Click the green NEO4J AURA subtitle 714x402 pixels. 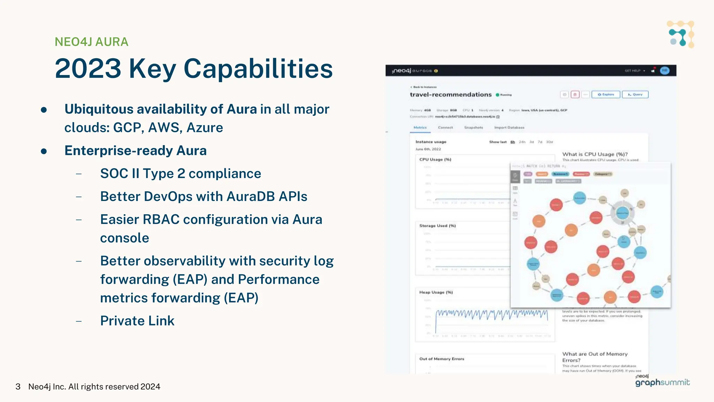pyautogui.click(x=91, y=42)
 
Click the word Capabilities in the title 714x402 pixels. pyautogui.click(x=258, y=69)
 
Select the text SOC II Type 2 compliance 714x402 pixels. pyautogui.click(x=180, y=174)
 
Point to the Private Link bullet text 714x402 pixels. pyautogui.click(x=137, y=321)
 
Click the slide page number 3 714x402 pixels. pyautogui.click(x=18, y=387)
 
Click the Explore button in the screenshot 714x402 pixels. pyautogui.click(x=606, y=95)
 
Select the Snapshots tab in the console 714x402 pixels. pyautogui.click(x=473, y=128)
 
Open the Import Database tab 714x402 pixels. pyautogui.click(x=509, y=128)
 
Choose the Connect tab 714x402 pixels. pyautogui.click(x=445, y=128)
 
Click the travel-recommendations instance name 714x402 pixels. pyautogui.click(x=450, y=95)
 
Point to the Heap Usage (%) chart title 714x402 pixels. pyautogui.click(x=436, y=292)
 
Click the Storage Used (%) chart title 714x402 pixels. pyautogui.click(x=437, y=226)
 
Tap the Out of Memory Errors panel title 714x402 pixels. pyautogui.click(x=441, y=359)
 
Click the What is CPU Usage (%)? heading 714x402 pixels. pyautogui.click(x=595, y=154)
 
